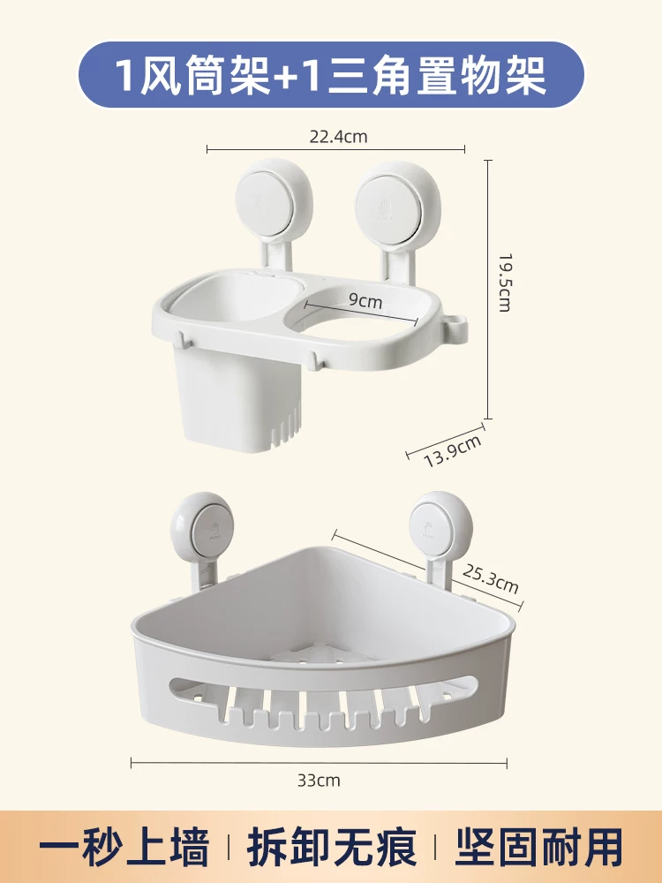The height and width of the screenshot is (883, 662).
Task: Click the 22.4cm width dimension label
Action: (x=338, y=136)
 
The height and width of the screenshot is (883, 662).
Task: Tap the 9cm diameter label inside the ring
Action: (x=365, y=301)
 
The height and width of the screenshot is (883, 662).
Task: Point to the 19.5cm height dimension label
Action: (x=503, y=283)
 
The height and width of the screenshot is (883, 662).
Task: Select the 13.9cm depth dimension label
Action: (x=453, y=450)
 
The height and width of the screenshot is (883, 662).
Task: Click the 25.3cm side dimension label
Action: (x=490, y=577)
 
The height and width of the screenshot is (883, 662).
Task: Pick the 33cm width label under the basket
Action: (x=319, y=781)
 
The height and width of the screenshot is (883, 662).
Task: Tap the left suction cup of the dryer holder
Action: (x=275, y=196)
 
